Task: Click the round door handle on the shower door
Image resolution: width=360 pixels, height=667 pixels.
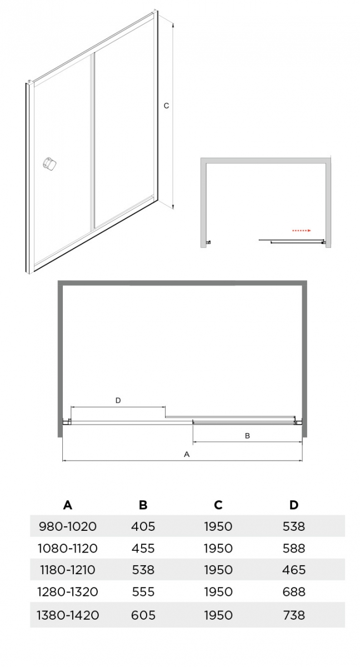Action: (x=49, y=163)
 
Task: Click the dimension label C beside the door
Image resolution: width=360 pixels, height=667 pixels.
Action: (x=166, y=106)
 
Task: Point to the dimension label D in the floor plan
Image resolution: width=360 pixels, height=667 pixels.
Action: (x=118, y=401)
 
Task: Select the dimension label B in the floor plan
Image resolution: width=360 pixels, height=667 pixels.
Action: (x=247, y=436)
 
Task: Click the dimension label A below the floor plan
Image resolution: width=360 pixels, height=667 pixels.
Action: (x=187, y=454)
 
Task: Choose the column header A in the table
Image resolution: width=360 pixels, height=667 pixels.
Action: (x=68, y=505)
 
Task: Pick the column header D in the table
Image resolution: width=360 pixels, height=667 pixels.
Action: (x=294, y=505)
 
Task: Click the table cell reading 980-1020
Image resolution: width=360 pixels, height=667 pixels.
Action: (x=68, y=526)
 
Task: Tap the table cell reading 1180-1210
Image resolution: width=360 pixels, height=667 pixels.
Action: (x=68, y=570)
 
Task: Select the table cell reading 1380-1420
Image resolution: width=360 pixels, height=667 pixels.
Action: (x=68, y=615)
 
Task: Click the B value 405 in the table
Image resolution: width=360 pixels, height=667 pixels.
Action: (x=143, y=526)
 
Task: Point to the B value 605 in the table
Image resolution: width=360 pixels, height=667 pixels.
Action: (x=143, y=615)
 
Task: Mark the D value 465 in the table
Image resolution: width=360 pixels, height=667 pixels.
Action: (x=294, y=570)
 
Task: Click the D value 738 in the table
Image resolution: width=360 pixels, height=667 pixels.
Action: (x=294, y=615)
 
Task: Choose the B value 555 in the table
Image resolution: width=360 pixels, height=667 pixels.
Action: (x=143, y=591)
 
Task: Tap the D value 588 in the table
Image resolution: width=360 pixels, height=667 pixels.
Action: (x=294, y=548)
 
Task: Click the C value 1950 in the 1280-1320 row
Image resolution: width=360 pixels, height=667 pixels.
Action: (x=218, y=591)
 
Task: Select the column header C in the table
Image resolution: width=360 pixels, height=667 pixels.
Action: (x=218, y=505)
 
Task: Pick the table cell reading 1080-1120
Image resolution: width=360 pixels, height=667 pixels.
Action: (x=68, y=548)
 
